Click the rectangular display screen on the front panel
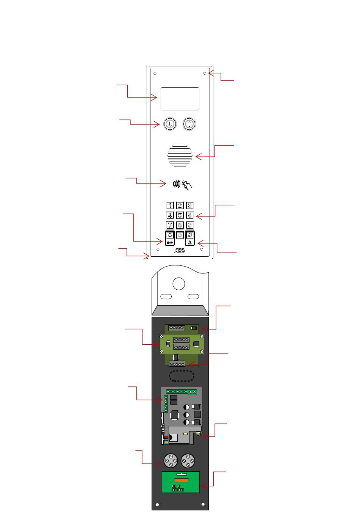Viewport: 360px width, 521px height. coord(180,99)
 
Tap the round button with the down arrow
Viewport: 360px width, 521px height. coord(170,124)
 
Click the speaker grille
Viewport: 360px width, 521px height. coord(180,155)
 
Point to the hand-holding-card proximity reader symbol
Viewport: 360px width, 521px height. coord(186,185)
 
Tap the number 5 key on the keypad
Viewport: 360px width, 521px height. coord(180,215)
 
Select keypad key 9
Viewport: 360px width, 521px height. coord(190,225)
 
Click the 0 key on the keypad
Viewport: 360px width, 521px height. coord(180,235)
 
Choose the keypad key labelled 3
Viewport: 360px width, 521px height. coord(190,206)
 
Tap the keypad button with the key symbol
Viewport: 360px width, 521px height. coord(170,242)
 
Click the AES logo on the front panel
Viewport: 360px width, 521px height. coord(180,251)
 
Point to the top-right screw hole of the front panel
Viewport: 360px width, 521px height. coord(205,74)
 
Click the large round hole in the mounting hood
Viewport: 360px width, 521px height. coord(178,284)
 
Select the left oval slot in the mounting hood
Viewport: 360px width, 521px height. coord(166,297)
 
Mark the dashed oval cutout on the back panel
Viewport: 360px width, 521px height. coord(182,376)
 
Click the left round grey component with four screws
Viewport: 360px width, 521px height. coord(171,461)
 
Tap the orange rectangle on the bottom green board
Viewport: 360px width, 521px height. coord(181,480)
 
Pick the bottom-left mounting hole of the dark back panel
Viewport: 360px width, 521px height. coord(157,505)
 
